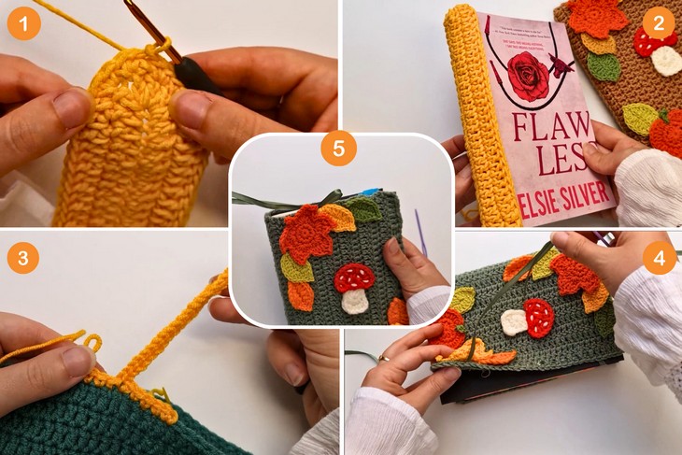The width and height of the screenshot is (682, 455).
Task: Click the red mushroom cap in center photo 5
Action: point(354,277)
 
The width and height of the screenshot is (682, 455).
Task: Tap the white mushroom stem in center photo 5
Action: point(354,300)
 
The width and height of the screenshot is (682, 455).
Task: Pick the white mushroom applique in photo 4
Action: point(514,321)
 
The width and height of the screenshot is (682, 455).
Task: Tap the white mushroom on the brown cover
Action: point(666,61)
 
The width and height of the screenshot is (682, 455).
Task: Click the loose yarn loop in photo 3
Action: point(91,342)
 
